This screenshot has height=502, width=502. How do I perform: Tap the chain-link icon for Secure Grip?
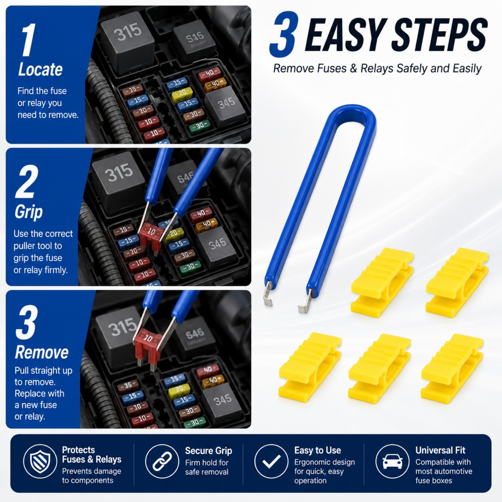click(x=162, y=461)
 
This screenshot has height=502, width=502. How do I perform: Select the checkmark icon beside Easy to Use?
click(x=271, y=461)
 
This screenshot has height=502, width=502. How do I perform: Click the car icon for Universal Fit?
click(x=393, y=461)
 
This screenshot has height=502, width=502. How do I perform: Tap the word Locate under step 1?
click(x=40, y=69)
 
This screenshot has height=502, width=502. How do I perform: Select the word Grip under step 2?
click(x=29, y=212)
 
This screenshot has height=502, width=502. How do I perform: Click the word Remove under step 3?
click(x=41, y=352)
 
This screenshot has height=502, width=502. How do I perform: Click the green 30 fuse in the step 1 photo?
click(x=199, y=126)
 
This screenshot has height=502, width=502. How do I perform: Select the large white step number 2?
click(x=27, y=182)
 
